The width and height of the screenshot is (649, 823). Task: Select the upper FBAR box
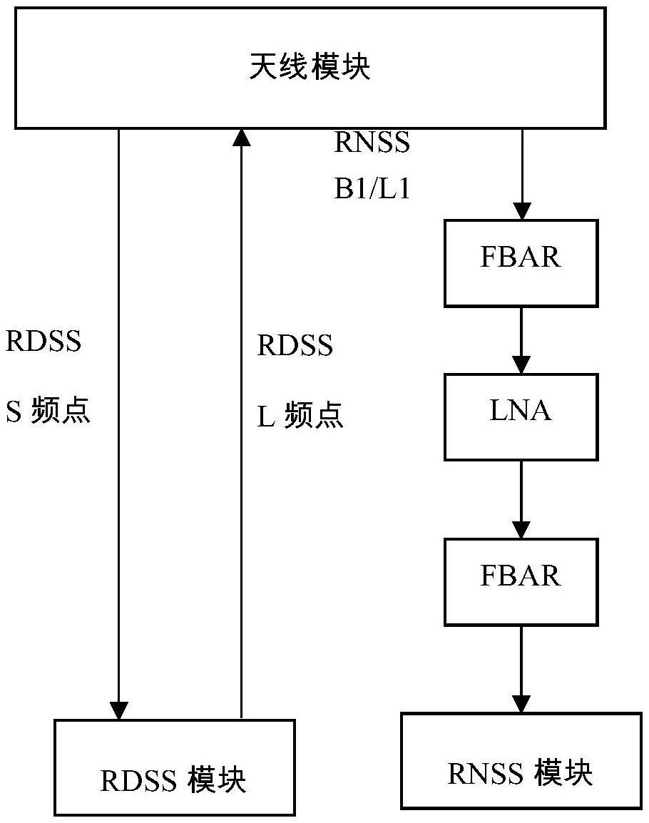pos(521,262)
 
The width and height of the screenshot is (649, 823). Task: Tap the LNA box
pos(521,416)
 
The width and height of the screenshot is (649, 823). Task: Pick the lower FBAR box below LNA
pos(521,581)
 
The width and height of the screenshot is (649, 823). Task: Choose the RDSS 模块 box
pos(175,767)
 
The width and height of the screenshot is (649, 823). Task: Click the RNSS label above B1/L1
pos(372,143)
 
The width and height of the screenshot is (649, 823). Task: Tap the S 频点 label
pos(48,413)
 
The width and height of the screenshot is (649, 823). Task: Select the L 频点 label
pos(300,416)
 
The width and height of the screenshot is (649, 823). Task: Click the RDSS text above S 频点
pos(44,342)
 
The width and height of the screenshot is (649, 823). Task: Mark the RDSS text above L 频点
pos(295,346)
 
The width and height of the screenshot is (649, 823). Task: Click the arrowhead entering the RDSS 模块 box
pos(118,710)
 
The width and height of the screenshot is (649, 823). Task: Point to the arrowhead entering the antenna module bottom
pos(242,138)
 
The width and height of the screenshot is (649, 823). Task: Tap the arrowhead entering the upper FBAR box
pos(522,210)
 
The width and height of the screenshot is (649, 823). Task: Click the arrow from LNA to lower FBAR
pos(522,499)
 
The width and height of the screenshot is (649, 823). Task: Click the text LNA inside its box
pos(521,411)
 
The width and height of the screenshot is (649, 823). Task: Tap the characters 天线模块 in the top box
pos(310,68)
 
